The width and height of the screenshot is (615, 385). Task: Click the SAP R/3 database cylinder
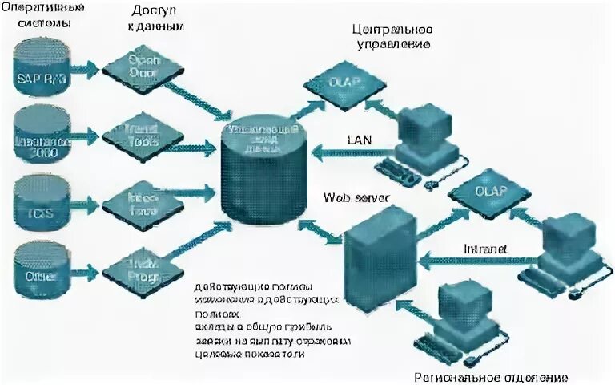pos(42,71)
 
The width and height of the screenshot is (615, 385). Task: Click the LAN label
pos(358,140)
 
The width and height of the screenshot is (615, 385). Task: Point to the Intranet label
pos(485,249)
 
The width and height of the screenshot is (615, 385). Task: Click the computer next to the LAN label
pos(424,136)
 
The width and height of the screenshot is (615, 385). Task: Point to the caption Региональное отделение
pos(490,376)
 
